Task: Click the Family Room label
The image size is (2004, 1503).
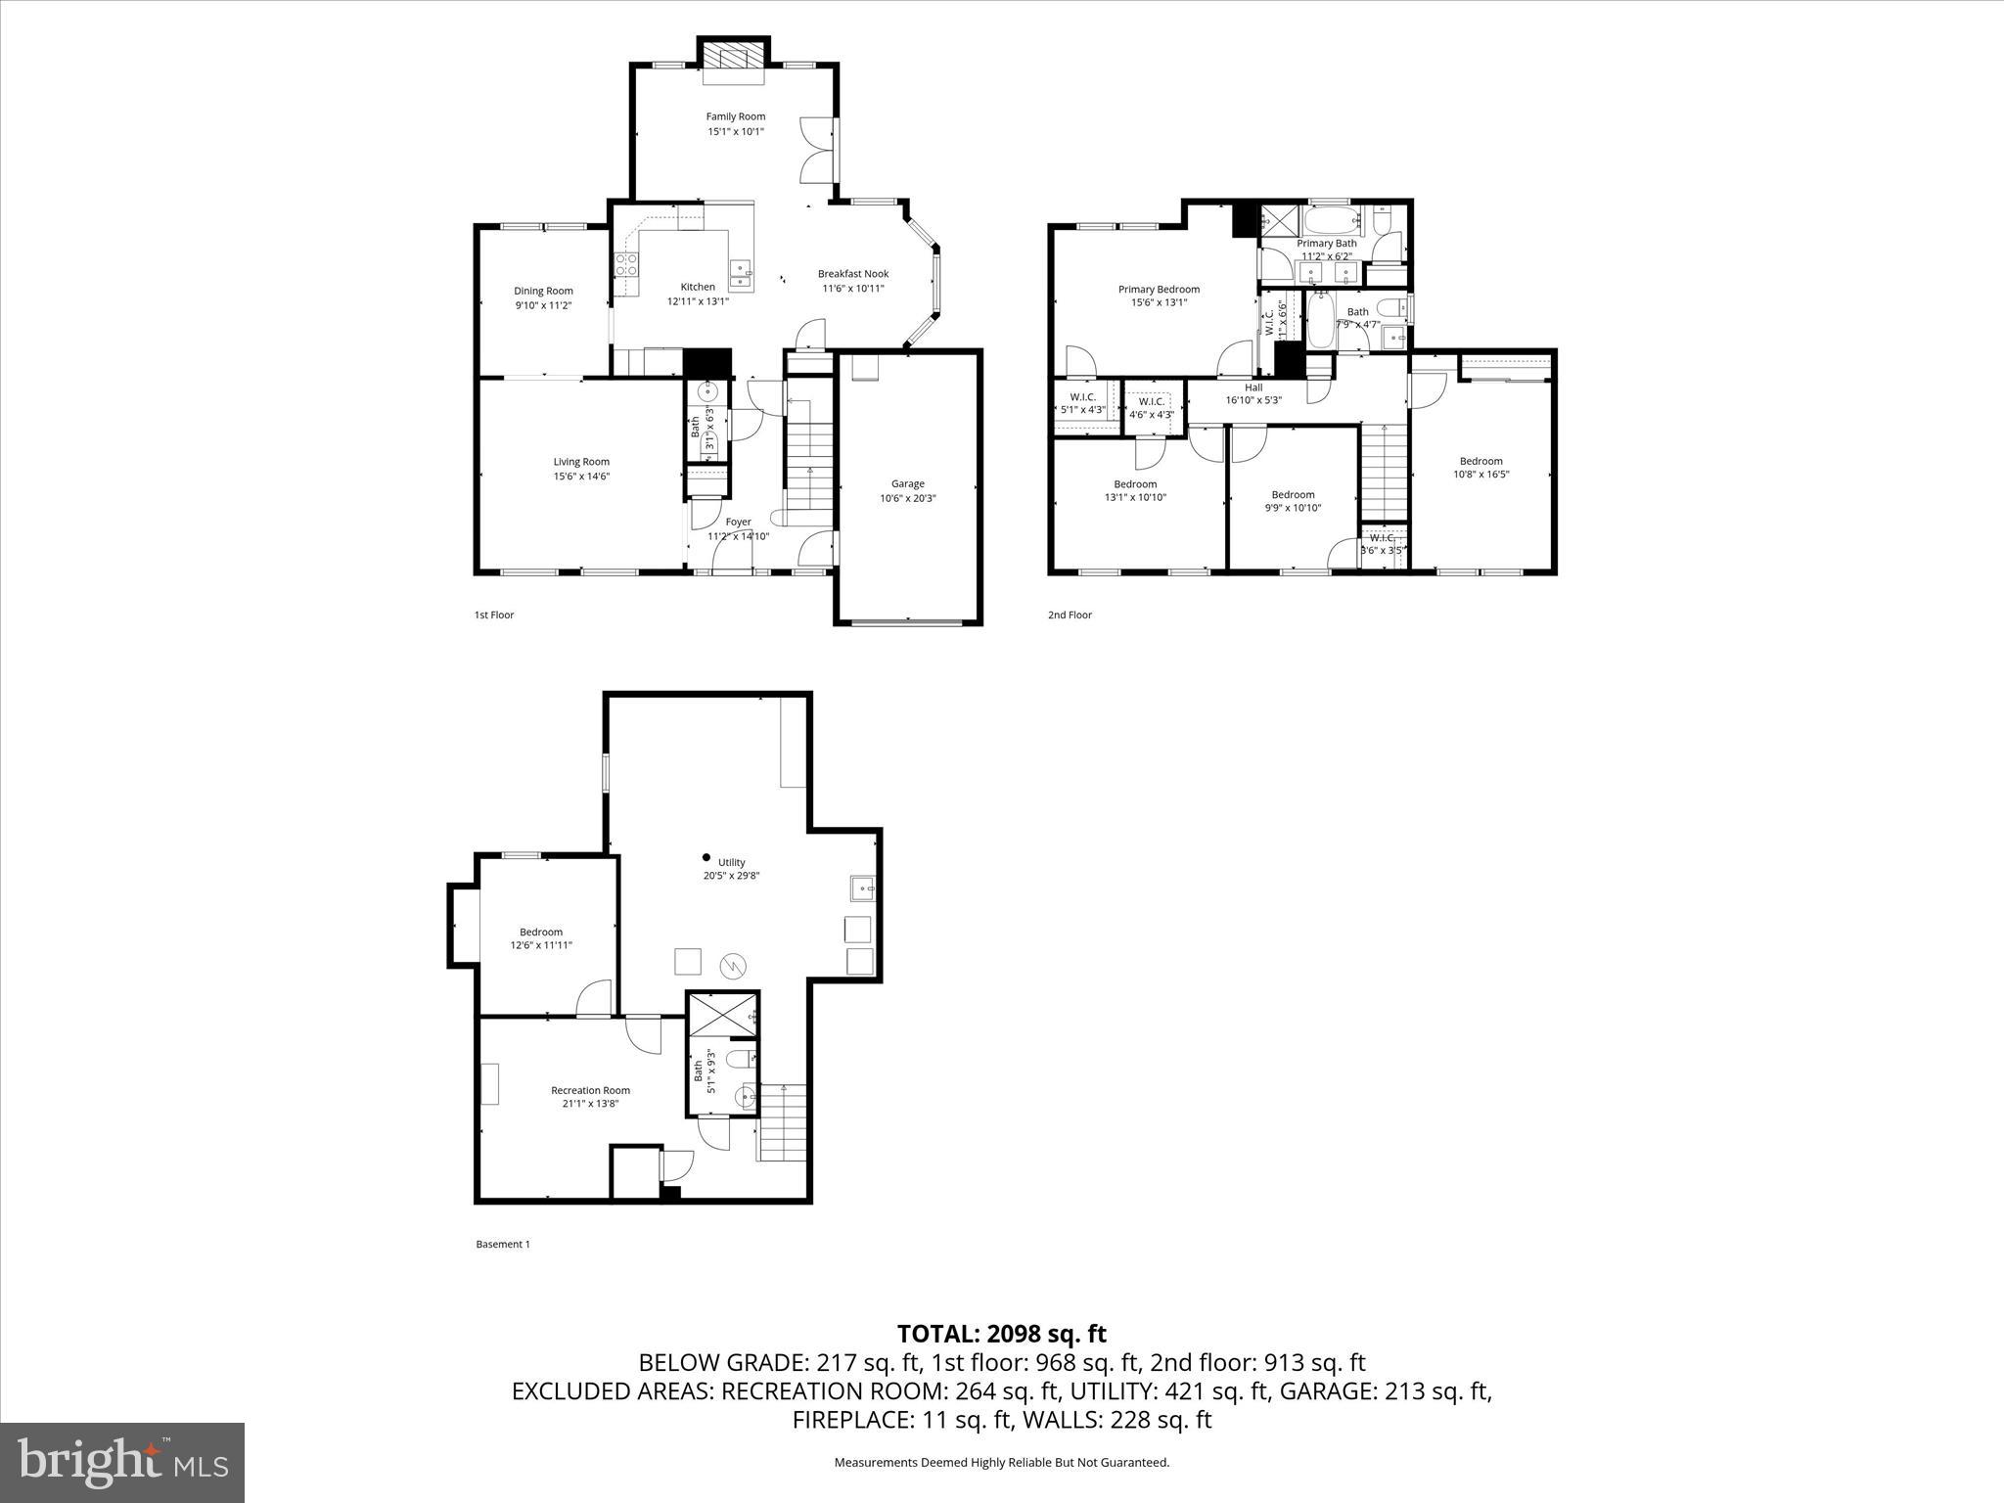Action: click(736, 116)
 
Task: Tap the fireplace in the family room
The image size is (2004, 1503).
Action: click(733, 55)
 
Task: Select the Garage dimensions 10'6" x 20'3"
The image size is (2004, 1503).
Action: click(907, 498)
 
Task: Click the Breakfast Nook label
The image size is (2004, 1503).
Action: click(853, 274)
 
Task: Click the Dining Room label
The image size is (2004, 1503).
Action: click(543, 291)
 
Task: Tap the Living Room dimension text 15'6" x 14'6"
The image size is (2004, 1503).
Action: click(581, 477)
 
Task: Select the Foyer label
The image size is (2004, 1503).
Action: click(738, 523)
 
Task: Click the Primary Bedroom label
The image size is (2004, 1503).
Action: click(1159, 290)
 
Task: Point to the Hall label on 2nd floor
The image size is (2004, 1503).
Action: click(1253, 387)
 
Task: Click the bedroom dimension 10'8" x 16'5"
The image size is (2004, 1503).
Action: click(1480, 475)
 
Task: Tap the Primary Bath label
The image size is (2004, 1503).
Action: click(1327, 244)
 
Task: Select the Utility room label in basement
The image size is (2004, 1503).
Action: click(731, 863)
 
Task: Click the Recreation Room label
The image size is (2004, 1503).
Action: click(590, 1090)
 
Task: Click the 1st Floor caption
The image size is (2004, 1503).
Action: click(494, 615)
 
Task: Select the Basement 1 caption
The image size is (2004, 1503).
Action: click(503, 1245)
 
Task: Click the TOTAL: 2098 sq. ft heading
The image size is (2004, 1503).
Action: click(1001, 1334)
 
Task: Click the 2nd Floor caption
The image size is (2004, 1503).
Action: click(1070, 615)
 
